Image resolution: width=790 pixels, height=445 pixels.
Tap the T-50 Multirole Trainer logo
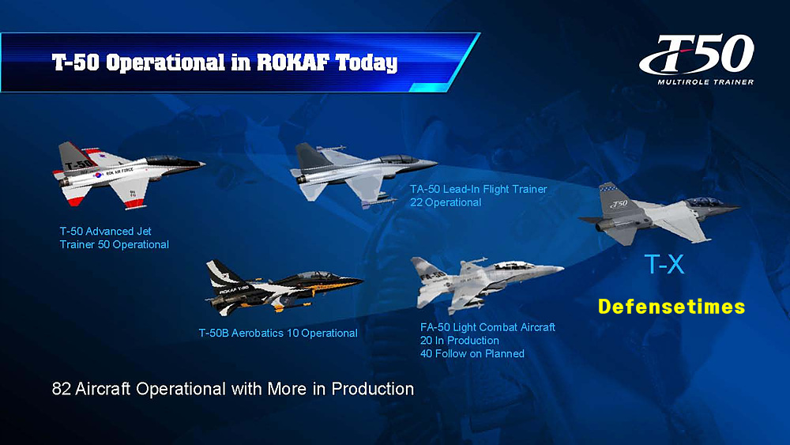[x=697, y=59]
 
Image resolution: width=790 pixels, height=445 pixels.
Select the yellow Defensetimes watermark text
[x=671, y=307]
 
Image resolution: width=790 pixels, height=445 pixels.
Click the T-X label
[x=664, y=264]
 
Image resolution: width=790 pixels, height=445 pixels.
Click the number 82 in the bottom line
[x=62, y=389]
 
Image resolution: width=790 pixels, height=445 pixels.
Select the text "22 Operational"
[x=446, y=202]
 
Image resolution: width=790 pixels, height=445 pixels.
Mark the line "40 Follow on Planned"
[x=472, y=354]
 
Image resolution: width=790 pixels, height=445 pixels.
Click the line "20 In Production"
[x=460, y=341]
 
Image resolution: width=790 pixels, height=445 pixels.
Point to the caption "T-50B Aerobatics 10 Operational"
[x=278, y=333]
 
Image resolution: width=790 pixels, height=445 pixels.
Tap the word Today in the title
[x=367, y=63]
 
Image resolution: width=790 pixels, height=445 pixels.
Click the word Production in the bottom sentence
[x=373, y=389]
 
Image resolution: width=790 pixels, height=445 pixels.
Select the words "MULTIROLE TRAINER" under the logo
[x=705, y=82]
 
